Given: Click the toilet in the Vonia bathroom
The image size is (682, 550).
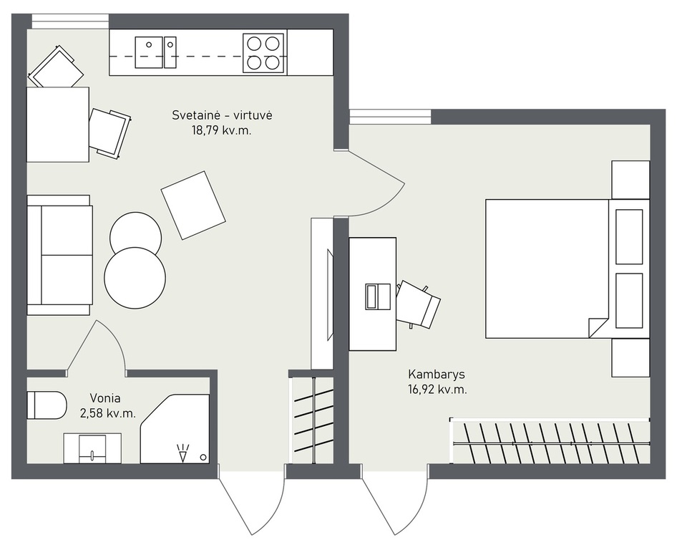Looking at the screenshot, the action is (x=47, y=405).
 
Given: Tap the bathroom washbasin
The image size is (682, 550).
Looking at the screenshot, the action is (x=92, y=448).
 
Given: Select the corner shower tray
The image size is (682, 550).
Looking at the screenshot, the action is (x=175, y=429).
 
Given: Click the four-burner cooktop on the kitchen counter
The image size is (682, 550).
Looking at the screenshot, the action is (x=265, y=53).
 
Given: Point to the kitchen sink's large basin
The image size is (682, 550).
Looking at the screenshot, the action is (x=149, y=52).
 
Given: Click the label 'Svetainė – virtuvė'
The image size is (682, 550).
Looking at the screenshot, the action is (x=222, y=115).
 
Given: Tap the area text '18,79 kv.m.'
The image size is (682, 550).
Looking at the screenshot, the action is (x=222, y=130).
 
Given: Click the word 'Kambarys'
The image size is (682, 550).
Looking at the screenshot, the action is (x=437, y=375).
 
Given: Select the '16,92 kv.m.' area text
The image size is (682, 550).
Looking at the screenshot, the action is (x=437, y=390).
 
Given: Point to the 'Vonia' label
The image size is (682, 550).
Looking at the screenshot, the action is (x=105, y=397).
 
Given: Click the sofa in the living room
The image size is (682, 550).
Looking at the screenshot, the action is (x=59, y=255).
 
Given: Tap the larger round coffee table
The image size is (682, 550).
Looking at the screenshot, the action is (x=135, y=278).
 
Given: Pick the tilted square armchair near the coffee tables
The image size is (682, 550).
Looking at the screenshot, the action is (x=193, y=205).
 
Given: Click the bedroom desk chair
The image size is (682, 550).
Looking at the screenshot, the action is (x=419, y=304).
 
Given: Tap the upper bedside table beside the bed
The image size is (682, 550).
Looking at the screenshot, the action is (x=630, y=180).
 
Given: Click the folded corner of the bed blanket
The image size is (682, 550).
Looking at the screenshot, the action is (x=598, y=327).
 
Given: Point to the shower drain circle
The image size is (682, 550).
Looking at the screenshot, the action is (x=203, y=457).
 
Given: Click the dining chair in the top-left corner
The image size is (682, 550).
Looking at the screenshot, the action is (x=56, y=67).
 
